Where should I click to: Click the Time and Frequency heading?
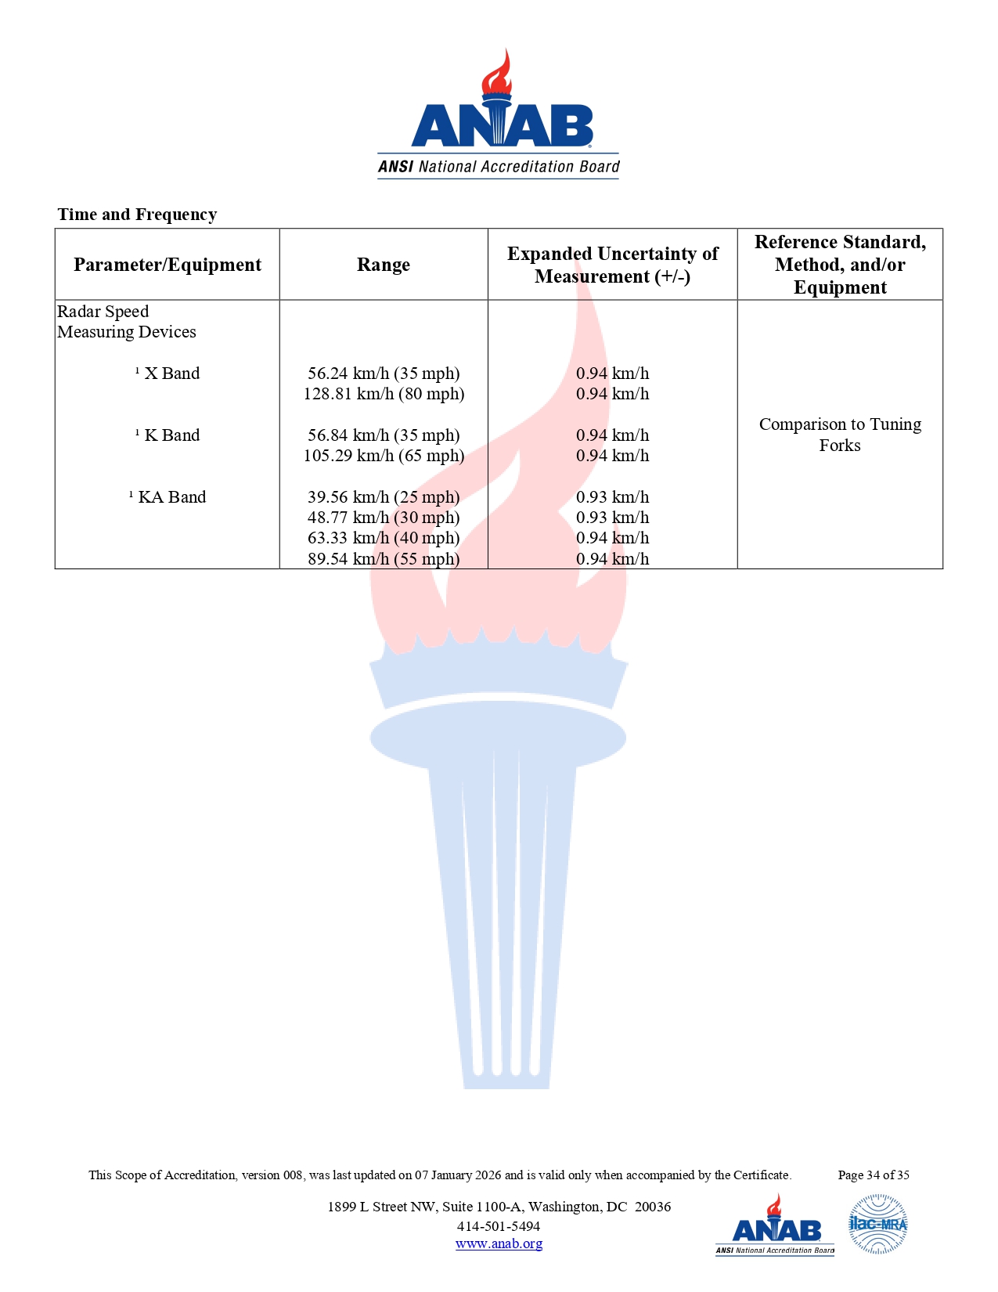tap(137, 215)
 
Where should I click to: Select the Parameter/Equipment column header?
tap(168, 265)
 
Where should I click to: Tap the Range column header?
tap(384, 265)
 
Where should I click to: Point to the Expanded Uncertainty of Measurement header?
tap(612, 265)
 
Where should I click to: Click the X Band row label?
tap(171, 374)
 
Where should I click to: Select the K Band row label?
tap(171, 435)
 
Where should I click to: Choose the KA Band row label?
tap(171, 497)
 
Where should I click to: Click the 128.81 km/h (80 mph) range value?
tap(384, 394)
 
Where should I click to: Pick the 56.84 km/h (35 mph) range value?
tap(384, 435)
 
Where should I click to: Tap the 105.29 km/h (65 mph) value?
tap(384, 456)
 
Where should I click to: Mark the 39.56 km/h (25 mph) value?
tap(384, 497)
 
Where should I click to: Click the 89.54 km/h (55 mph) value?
tap(384, 559)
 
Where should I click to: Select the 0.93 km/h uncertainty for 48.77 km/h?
tap(612, 518)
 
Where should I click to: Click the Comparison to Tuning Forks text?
tap(840, 435)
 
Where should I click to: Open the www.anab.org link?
tap(499, 1243)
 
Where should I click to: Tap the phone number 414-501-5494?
tap(499, 1226)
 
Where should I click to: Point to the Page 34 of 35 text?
tap(874, 1175)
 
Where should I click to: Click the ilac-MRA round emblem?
tap(878, 1224)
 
